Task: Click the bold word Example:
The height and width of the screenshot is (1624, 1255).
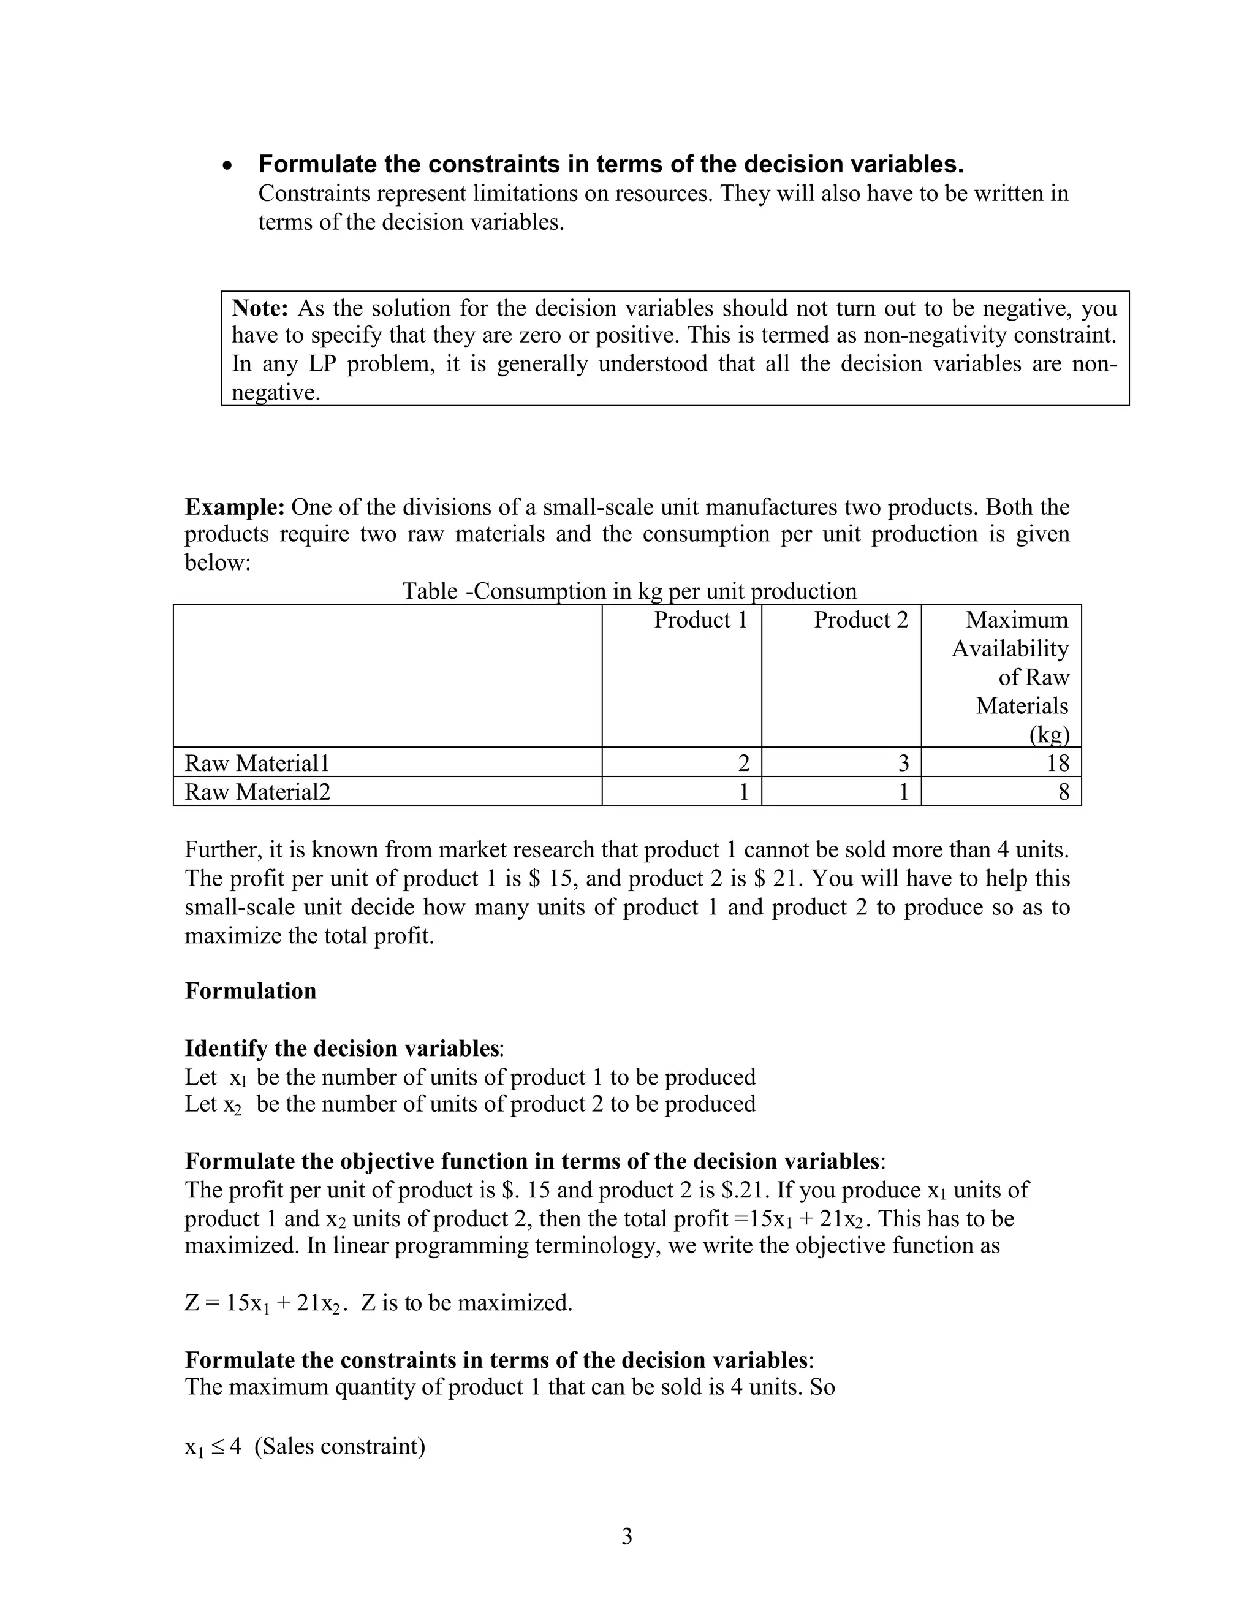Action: click(234, 507)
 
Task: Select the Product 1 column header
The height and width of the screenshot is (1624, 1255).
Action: click(700, 620)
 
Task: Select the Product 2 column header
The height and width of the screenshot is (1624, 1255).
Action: click(860, 620)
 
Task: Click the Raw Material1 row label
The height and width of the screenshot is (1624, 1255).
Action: click(257, 763)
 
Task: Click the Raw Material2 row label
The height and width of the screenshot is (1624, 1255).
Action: click(257, 792)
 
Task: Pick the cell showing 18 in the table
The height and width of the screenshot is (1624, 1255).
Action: click(1056, 763)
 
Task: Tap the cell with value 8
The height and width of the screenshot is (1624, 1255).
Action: click(1063, 792)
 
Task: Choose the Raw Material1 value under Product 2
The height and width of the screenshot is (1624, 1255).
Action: click(903, 763)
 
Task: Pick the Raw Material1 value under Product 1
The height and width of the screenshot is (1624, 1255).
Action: click(743, 763)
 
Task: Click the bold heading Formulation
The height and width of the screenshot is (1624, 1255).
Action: click(251, 991)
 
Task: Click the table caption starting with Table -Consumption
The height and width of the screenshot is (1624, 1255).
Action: click(629, 591)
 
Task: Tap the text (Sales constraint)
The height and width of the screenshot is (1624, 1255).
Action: click(339, 1446)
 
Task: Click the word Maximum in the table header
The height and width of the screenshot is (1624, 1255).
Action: click(1017, 620)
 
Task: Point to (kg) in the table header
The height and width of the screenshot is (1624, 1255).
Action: click(1049, 735)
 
